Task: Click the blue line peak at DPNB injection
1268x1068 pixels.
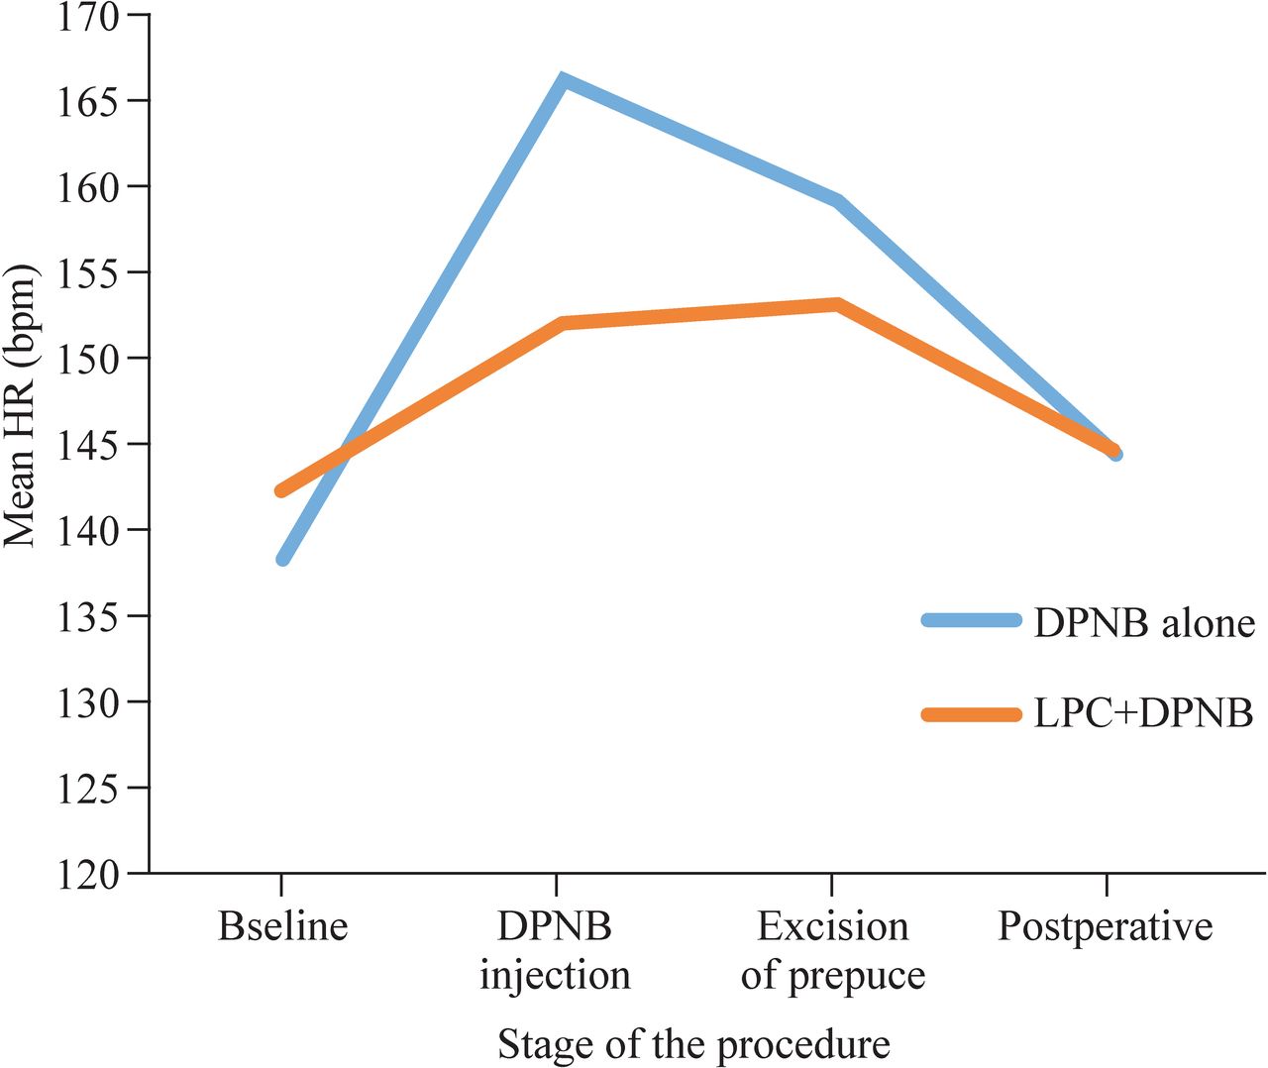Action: [561, 81]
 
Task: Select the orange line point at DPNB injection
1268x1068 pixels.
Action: [562, 324]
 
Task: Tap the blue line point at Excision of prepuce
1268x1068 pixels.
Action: [837, 201]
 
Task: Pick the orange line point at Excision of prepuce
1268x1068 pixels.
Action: [837, 304]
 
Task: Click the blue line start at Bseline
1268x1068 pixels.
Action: [283, 559]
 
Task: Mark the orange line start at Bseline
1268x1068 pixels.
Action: [282, 490]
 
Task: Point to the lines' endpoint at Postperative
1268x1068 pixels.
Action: [1113, 452]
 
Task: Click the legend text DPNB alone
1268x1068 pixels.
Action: [1144, 623]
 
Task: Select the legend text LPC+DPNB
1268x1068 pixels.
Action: [1143, 713]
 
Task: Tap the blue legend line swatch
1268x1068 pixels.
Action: [971, 620]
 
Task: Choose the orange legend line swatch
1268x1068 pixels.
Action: [971, 714]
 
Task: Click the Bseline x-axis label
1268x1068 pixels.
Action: [283, 926]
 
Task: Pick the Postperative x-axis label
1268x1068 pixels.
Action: [1105, 926]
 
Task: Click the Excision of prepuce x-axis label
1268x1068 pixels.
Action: [833, 950]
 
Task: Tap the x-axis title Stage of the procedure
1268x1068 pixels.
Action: [693, 1044]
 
